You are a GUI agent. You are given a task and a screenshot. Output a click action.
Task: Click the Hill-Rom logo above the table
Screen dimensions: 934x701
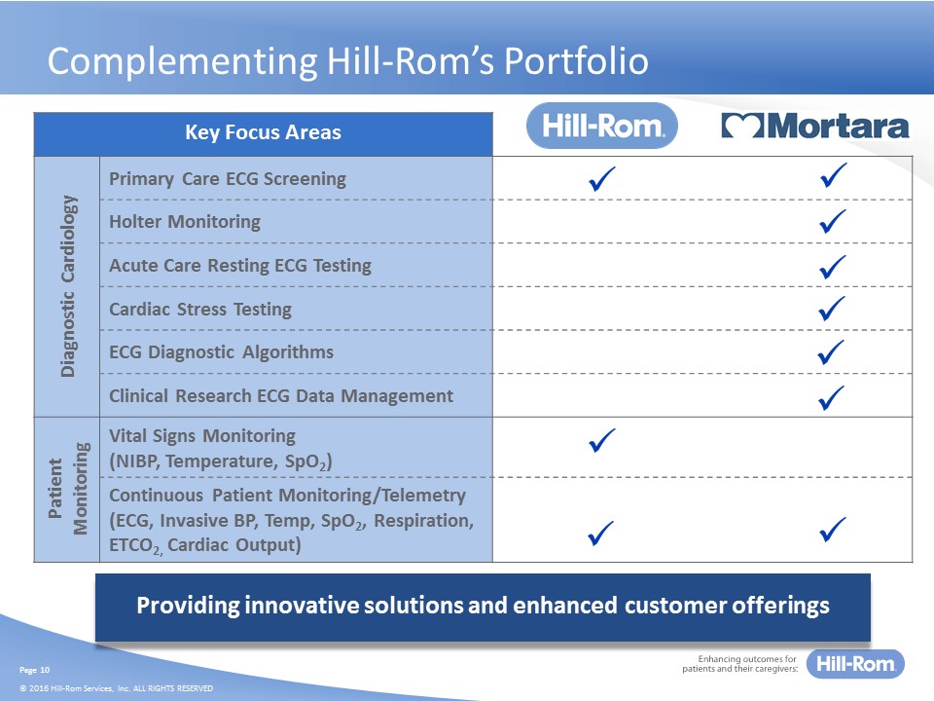click(601, 126)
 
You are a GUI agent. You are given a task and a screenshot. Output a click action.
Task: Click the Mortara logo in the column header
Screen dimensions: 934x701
click(815, 126)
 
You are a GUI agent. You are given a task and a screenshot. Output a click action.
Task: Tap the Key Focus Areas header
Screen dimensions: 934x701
click(263, 132)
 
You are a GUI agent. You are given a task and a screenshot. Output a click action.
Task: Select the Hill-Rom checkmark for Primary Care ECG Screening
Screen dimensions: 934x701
click(601, 178)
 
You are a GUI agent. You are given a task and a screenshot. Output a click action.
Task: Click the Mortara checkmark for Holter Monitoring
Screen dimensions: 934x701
click(833, 221)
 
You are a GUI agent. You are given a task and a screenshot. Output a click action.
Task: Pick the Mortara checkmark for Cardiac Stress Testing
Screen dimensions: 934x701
click(832, 309)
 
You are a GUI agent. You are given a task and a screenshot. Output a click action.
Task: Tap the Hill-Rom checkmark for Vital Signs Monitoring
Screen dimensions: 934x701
click(601, 440)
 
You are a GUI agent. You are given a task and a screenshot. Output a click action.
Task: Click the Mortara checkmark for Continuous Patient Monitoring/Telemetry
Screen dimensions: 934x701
click(832, 530)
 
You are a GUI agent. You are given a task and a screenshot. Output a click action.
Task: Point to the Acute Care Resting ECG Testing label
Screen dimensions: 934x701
click(240, 265)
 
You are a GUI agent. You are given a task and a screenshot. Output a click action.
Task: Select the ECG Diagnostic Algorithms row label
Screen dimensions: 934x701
click(221, 352)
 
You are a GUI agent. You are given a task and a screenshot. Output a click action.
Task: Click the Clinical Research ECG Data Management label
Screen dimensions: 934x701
click(281, 396)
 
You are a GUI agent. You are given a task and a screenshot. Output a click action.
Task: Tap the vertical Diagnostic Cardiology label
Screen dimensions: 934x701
click(68, 286)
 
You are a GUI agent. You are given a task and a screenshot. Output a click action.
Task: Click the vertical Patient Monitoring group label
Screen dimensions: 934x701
click(68, 489)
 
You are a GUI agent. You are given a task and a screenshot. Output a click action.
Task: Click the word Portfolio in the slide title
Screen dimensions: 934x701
click(576, 60)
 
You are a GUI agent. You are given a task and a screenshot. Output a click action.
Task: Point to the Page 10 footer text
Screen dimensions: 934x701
click(35, 670)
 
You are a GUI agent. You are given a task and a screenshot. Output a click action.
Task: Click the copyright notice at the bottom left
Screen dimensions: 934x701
click(116, 688)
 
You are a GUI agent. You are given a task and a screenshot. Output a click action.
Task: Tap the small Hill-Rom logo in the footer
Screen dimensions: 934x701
click(855, 664)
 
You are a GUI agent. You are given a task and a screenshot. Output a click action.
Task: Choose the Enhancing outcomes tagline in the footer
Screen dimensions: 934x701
click(739, 664)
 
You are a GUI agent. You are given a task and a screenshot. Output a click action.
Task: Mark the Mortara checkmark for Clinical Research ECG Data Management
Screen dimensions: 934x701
click(832, 397)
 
